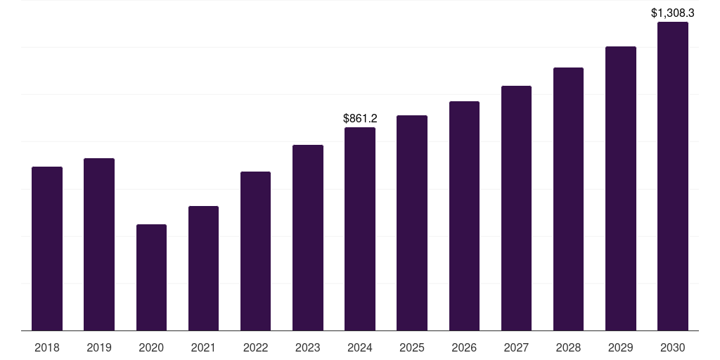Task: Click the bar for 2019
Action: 99,244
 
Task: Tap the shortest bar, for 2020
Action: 151,277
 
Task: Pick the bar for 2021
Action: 203,268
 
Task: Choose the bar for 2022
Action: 255,251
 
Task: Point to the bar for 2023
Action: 308,238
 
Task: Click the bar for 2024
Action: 360,229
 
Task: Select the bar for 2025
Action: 412,223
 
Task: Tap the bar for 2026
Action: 464,216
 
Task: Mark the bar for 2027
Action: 516,208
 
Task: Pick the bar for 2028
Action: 568,199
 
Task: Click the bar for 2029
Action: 621,188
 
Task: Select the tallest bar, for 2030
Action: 673,176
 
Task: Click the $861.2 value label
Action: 360,119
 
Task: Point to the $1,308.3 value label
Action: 673,13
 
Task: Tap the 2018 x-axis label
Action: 47,347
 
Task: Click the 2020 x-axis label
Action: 151,347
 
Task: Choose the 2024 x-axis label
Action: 360,347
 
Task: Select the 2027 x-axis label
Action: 516,347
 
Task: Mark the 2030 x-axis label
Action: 673,347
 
